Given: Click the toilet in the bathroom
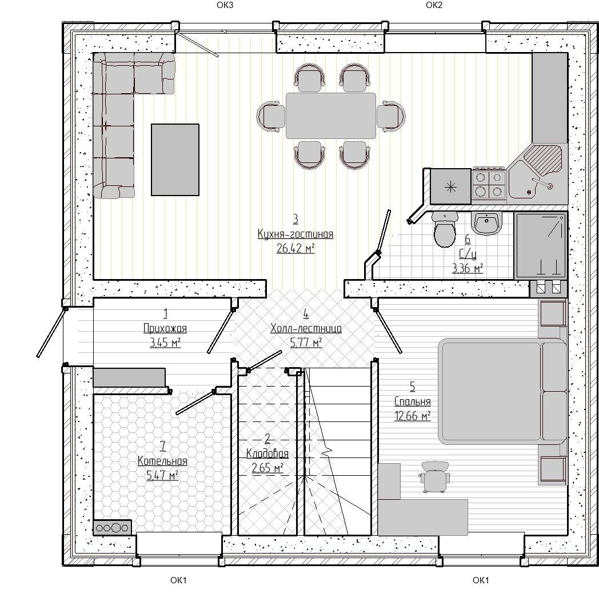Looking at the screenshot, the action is (x=445, y=229).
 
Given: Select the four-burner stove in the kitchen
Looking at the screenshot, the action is (x=489, y=184).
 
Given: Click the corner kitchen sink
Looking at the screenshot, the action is (x=537, y=171).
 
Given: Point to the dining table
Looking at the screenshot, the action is (x=331, y=116).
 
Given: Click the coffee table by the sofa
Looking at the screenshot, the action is (x=175, y=160).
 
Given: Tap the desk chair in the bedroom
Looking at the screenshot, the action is (x=434, y=476).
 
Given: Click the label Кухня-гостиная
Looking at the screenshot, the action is (x=295, y=234).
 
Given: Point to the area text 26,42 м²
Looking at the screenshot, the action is (x=295, y=248).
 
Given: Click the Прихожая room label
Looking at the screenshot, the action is (x=165, y=328).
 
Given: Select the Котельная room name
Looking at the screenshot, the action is (x=162, y=460).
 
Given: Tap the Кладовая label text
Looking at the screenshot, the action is (x=267, y=453).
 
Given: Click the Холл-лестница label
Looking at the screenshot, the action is (x=306, y=328).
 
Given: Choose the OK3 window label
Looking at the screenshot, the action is (x=225, y=5).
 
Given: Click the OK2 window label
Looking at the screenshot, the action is (x=434, y=5).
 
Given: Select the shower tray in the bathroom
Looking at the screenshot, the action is (x=540, y=245).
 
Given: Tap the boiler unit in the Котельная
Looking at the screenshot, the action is (x=112, y=527).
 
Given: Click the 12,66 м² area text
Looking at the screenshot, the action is (x=413, y=416).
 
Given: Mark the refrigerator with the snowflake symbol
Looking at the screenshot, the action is (x=451, y=187).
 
